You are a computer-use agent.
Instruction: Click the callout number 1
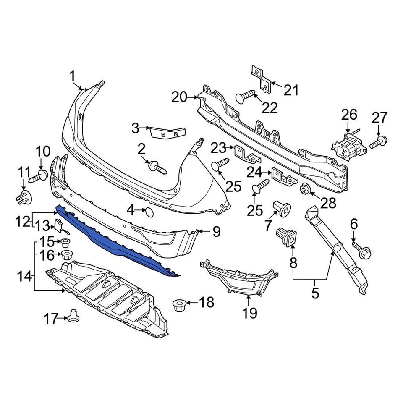coord(72,76)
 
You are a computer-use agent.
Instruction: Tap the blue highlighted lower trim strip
coord(113,243)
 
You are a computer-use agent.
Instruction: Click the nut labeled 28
coord(305,190)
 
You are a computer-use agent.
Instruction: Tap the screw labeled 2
coord(158,167)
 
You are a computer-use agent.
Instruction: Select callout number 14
coord(24,276)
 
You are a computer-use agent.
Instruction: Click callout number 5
coord(315,293)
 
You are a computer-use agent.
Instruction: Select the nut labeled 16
coord(66,255)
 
